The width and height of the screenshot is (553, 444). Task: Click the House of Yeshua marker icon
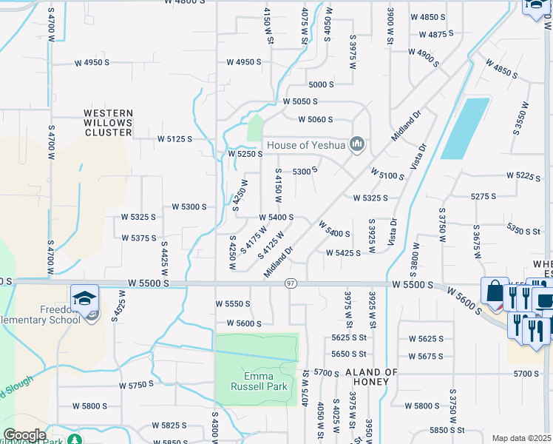[358, 144]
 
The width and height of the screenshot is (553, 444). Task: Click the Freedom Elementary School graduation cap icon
[85, 298]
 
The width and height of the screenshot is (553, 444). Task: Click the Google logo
[24, 435]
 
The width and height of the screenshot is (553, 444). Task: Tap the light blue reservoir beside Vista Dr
[465, 128]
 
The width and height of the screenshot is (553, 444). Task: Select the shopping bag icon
[494, 291]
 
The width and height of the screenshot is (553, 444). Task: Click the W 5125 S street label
[174, 138]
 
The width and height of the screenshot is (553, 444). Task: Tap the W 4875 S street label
[447, 34]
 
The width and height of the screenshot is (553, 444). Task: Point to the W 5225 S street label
[525, 175]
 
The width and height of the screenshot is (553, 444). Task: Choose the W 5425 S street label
[343, 252]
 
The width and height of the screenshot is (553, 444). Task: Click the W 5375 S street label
[139, 238]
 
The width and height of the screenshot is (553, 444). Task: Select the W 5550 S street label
[234, 303]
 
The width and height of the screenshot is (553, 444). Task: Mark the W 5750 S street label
[136, 385]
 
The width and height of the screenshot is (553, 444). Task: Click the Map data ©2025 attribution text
[522, 438]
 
